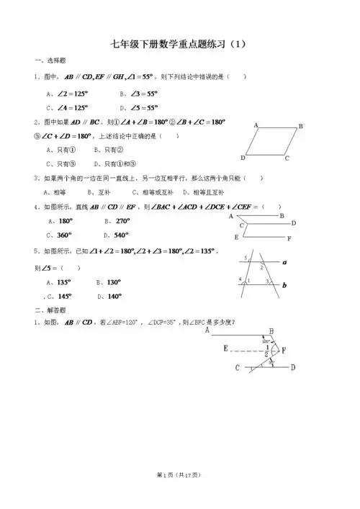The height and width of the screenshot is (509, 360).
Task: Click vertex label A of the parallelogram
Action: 256,125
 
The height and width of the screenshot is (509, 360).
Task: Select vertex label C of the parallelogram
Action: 287,158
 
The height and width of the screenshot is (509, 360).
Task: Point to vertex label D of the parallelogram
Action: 243,158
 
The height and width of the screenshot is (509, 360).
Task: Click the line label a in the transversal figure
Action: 284,263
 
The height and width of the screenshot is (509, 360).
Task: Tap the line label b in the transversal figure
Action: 284,286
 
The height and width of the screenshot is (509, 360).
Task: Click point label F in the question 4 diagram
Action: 289,238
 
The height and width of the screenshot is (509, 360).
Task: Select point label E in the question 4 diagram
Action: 235,237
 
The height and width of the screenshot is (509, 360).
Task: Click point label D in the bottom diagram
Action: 292,368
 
